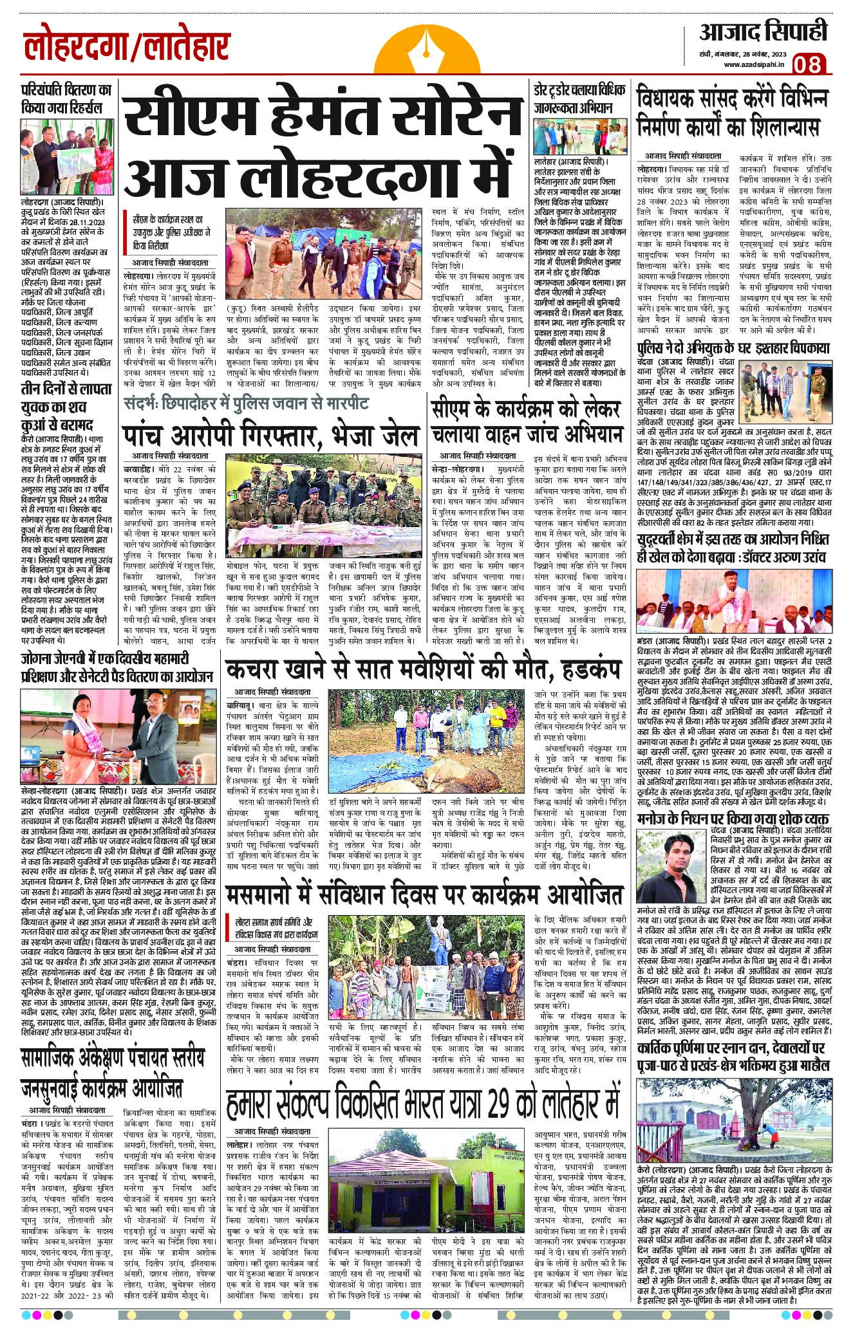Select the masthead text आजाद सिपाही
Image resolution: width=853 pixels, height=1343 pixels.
coord(764,31)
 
